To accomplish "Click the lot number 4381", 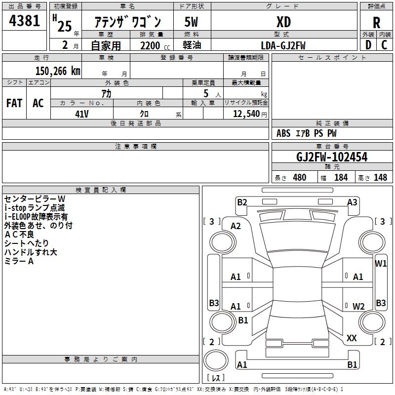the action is [25, 22].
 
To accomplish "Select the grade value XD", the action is [283, 22].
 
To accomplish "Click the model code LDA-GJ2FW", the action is [283, 45].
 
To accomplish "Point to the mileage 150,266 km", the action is [58, 71].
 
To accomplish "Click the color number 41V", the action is [81, 113].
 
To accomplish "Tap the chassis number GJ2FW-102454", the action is [332, 158].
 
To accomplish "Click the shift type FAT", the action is [14, 103].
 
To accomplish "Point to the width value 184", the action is [341, 177].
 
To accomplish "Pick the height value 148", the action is [380, 177].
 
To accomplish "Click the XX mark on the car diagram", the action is [352, 338].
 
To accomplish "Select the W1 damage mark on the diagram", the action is [381, 263].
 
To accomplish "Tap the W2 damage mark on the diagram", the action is [358, 306].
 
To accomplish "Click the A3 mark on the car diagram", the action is [352, 202].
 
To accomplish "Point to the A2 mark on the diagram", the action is [236, 226].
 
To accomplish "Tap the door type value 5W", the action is [192, 22].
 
